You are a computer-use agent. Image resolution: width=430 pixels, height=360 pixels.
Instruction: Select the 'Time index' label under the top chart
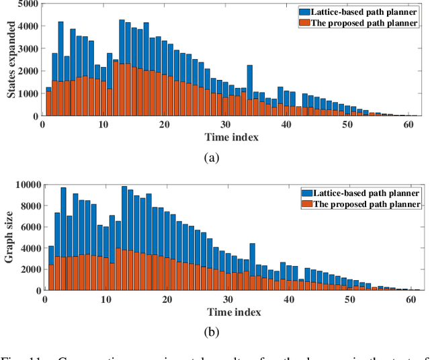click(230, 137)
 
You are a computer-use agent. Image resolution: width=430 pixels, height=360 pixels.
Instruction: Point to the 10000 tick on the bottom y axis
click(25, 184)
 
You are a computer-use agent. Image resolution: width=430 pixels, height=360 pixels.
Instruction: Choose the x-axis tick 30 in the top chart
click(225, 124)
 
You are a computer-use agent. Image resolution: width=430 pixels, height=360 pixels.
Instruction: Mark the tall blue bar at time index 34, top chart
click(249, 81)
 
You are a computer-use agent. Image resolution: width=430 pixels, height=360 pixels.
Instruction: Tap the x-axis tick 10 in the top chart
click(103, 124)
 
